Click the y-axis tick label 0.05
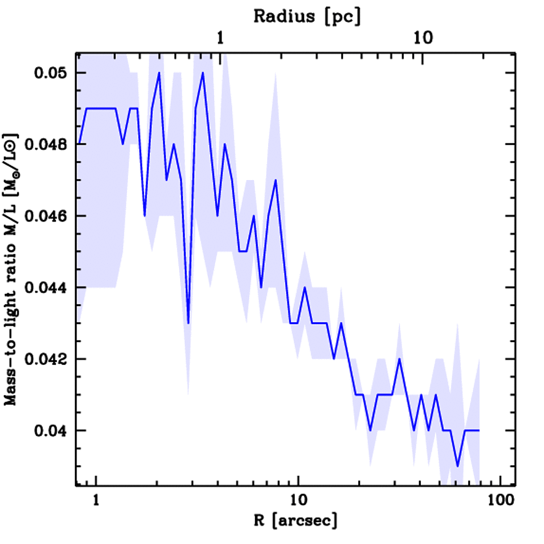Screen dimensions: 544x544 click(x=51, y=73)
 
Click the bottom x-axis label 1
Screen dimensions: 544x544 click(x=96, y=500)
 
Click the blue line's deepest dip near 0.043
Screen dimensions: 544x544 click(x=188, y=322)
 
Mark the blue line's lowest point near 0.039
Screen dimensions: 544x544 click(x=457, y=466)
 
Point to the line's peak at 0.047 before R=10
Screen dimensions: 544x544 click(x=276, y=180)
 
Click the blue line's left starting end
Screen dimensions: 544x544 click(x=79, y=144)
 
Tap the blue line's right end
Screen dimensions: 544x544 click(x=479, y=430)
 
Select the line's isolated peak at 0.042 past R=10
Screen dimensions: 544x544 click(x=399, y=359)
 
